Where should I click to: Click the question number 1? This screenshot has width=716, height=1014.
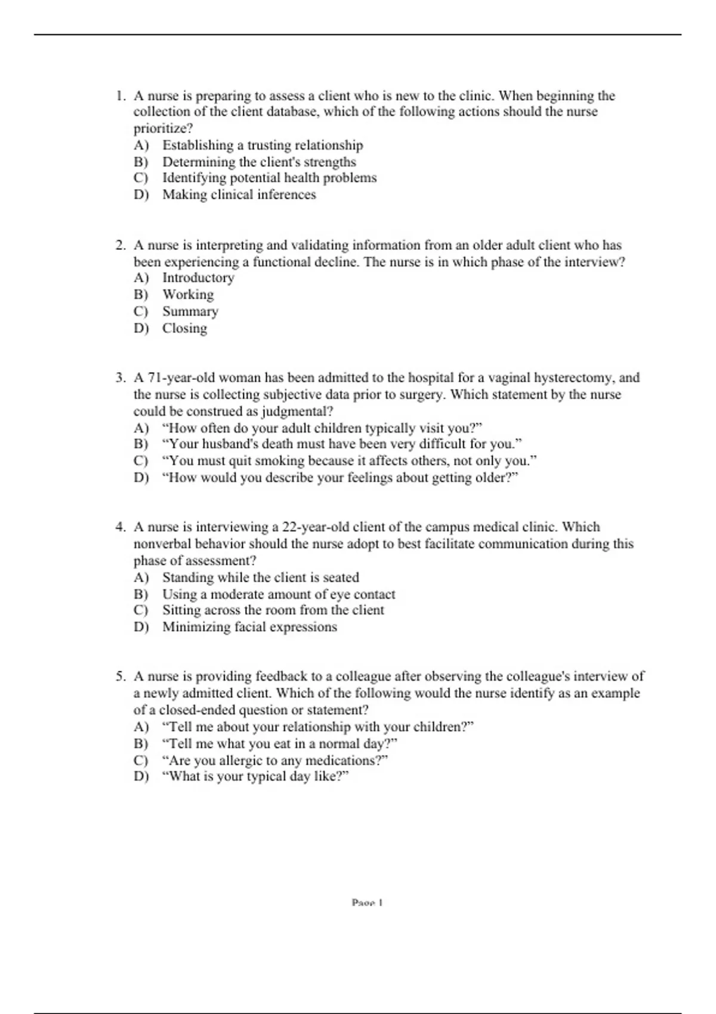click(121, 96)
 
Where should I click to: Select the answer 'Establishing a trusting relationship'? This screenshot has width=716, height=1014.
click(263, 146)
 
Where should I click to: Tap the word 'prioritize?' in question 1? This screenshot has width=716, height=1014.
click(163, 129)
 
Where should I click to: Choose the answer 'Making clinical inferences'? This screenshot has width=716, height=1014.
click(239, 195)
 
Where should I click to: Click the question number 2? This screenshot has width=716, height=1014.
click(121, 245)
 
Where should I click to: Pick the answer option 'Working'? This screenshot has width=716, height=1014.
click(188, 295)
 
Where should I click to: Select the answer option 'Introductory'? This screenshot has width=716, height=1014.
click(198, 278)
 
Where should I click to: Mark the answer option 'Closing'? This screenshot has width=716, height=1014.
click(185, 329)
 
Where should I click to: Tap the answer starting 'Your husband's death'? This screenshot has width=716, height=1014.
click(342, 444)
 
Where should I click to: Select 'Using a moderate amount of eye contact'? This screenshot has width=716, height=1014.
click(279, 595)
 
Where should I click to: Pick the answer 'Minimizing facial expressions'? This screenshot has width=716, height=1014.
click(249, 627)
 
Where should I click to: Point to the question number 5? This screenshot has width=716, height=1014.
click(121, 676)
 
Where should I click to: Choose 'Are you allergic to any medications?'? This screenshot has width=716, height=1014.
click(275, 761)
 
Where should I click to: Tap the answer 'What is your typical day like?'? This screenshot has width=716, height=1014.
click(255, 777)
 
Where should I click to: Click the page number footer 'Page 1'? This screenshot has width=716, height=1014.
click(367, 903)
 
